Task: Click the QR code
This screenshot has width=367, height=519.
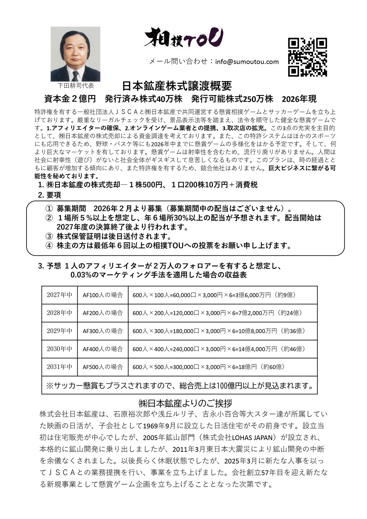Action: pyautogui.click(x=307, y=57)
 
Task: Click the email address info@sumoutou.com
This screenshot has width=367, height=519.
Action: pyautogui.click(x=247, y=62)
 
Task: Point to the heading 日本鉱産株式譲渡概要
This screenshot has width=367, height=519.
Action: pyautogui.click(x=177, y=86)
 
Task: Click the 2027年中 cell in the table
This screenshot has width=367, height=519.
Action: pyautogui.click(x=60, y=295)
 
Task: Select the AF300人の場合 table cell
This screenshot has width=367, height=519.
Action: pyautogui.click(x=103, y=331)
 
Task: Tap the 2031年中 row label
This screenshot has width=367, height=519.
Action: pyautogui.click(x=60, y=367)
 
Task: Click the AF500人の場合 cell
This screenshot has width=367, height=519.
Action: pyautogui.click(x=103, y=367)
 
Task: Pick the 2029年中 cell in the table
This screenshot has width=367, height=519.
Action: pyautogui.click(x=60, y=331)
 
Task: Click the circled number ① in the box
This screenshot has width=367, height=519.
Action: pyautogui.click(x=49, y=209)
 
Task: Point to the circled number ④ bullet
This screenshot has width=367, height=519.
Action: pyautogui.click(x=49, y=245)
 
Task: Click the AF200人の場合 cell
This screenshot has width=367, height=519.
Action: pyautogui.click(x=103, y=313)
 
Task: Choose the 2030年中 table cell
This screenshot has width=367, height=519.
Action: pyautogui.click(x=60, y=349)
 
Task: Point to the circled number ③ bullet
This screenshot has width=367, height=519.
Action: pyautogui.click(x=49, y=236)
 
